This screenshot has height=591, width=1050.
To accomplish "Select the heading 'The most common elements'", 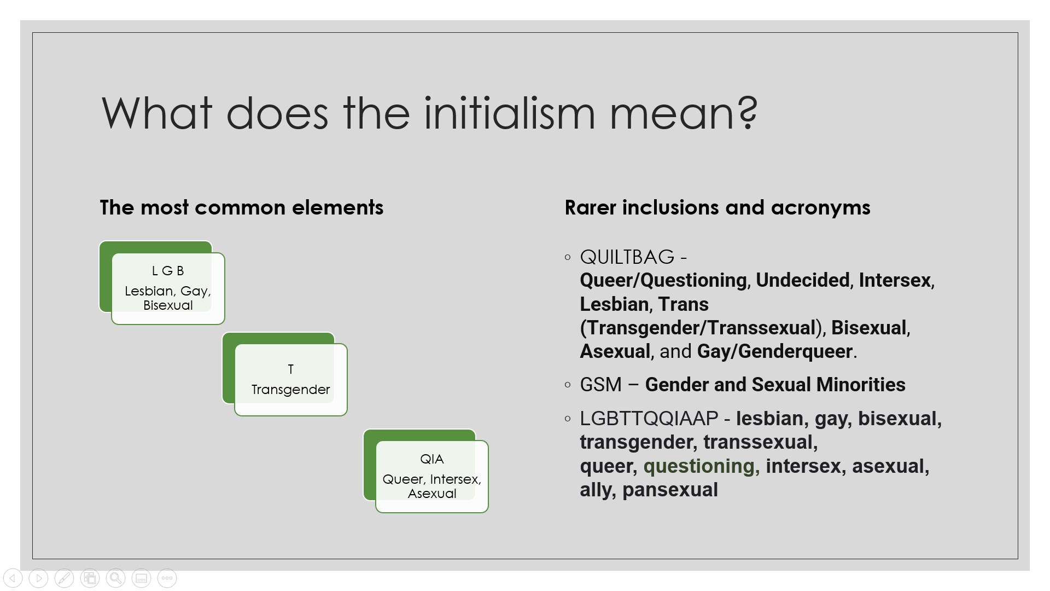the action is (x=242, y=207).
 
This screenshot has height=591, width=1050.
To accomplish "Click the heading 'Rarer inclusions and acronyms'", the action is (x=717, y=207).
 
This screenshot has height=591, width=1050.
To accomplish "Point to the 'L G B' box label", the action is (x=168, y=271).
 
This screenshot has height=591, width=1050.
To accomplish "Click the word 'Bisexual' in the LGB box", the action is (x=168, y=305).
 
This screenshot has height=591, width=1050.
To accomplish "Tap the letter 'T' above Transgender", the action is (x=291, y=369).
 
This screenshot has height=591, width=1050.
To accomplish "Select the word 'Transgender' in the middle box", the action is (x=291, y=390).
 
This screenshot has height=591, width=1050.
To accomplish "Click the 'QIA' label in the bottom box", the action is (x=432, y=459).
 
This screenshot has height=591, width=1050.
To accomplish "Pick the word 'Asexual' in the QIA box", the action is (x=432, y=494).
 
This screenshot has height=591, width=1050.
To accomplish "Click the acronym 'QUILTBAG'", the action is (x=627, y=257).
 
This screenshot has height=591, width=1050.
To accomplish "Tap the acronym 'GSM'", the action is (x=600, y=385).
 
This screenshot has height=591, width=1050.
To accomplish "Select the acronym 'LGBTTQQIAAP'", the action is (x=649, y=419).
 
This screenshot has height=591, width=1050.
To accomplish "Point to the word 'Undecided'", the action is (x=803, y=280).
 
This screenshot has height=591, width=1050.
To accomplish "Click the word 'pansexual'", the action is (x=670, y=490).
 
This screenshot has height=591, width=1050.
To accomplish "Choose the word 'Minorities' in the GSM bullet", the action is (x=861, y=385).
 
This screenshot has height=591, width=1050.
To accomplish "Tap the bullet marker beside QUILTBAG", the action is (x=568, y=257).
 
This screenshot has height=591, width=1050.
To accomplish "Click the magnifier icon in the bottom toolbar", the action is (x=115, y=578).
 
